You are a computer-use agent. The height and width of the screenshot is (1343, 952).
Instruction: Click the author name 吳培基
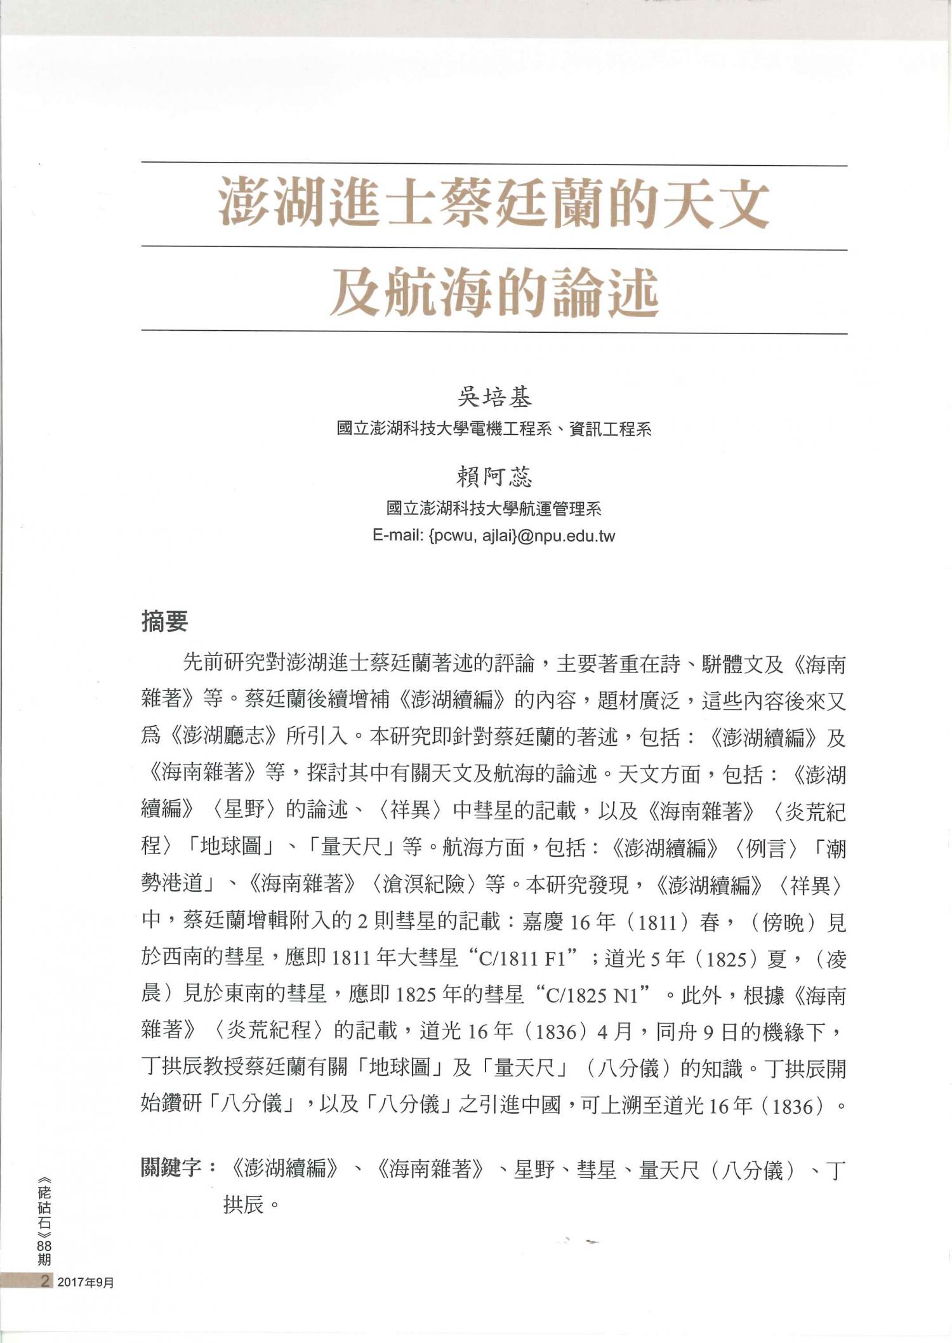[494, 398]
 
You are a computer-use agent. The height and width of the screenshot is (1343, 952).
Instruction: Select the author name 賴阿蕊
[494, 477]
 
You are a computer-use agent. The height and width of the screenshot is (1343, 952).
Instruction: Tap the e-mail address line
[494, 536]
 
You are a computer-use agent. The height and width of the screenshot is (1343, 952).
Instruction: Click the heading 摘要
[165, 622]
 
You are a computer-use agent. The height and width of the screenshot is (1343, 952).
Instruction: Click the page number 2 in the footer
[44, 1281]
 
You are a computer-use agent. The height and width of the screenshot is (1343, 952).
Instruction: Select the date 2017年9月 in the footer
[86, 1282]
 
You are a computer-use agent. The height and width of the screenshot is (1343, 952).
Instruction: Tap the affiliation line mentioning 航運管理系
[494, 509]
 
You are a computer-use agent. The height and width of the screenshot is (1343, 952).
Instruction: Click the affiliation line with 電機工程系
[494, 429]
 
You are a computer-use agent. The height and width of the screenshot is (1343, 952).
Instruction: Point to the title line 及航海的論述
[494, 291]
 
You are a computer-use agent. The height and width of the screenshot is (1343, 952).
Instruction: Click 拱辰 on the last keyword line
[244, 1204]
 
